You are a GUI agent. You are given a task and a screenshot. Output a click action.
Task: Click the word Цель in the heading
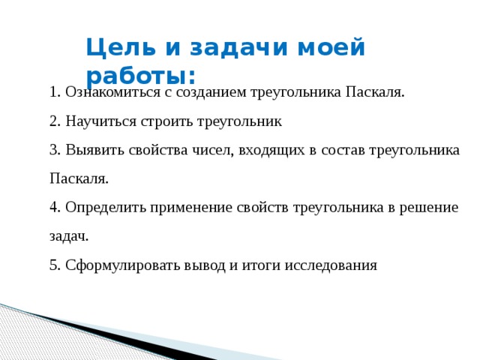click(121, 47)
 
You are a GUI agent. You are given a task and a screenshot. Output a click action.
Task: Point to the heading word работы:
click(141, 75)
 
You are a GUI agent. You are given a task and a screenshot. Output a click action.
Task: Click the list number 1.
click(54, 92)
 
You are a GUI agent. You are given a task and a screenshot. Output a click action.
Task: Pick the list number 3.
click(55, 150)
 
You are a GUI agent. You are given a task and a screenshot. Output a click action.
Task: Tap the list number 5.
click(55, 265)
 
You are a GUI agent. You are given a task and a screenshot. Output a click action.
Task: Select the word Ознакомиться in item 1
click(113, 92)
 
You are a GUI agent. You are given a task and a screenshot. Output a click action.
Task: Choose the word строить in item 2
click(166, 121)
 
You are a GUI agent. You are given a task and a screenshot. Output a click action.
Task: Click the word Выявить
click(95, 150)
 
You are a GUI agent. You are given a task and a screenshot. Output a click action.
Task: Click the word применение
click(191, 208)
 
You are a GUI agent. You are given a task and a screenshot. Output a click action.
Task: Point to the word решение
click(428, 208)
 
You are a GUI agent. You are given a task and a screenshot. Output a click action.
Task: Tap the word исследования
click(331, 265)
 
